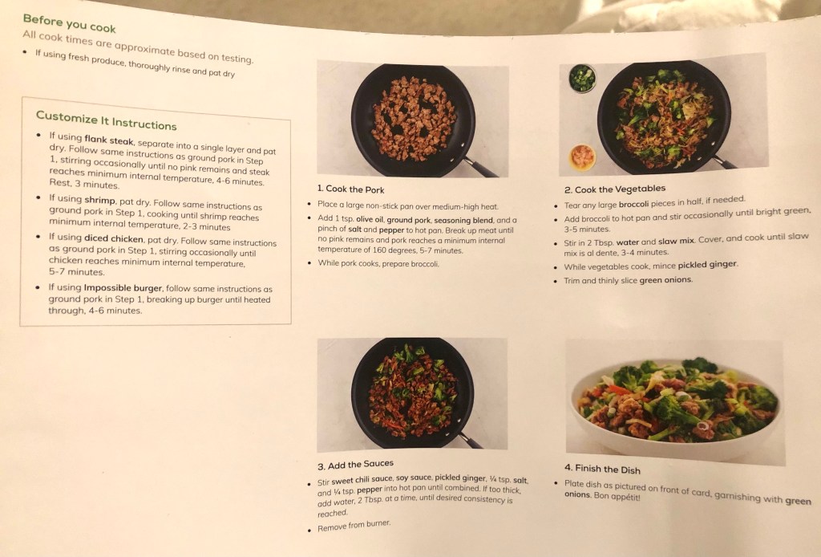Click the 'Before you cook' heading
(x=69, y=23)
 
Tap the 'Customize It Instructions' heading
(x=107, y=120)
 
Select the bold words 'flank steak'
(x=109, y=140)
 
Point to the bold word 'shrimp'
(x=99, y=200)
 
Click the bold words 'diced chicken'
(x=113, y=238)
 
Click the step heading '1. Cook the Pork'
(x=350, y=189)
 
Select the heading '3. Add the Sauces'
(x=355, y=464)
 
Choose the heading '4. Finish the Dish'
(x=602, y=469)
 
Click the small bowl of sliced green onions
(x=582, y=78)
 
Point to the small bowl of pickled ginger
(x=582, y=157)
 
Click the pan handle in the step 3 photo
(x=469, y=440)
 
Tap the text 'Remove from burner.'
(x=354, y=526)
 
